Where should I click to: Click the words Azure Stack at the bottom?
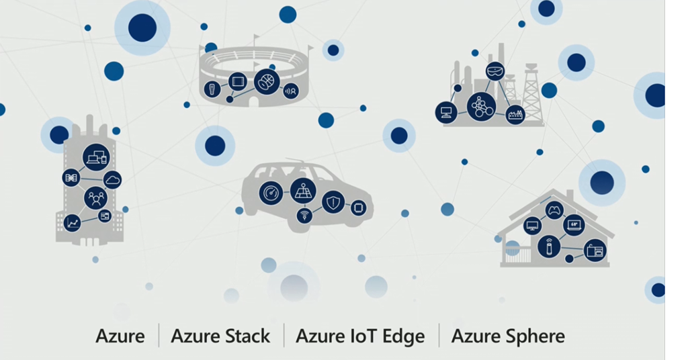click(x=220, y=336)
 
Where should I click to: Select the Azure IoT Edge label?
click(x=360, y=336)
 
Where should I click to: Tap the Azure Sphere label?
click(x=507, y=336)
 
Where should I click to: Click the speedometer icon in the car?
click(x=271, y=193)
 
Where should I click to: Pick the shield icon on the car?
click(x=333, y=202)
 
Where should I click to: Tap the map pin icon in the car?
click(x=303, y=191)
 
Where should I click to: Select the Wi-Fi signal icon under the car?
click(x=305, y=216)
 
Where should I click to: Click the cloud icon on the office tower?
click(x=112, y=179)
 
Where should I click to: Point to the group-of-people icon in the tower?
click(x=96, y=197)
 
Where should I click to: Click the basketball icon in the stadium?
click(x=267, y=81)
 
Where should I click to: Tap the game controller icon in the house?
click(x=554, y=210)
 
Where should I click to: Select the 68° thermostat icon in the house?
click(x=574, y=224)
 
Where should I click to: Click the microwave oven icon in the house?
click(x=595, y=251)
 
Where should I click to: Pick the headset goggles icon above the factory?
click(x=495, y=70)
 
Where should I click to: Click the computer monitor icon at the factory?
click(x=446, y=112)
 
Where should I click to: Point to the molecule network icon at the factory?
click(x=481, y=106)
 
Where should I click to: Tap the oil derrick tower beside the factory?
click(x=532, y=97)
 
